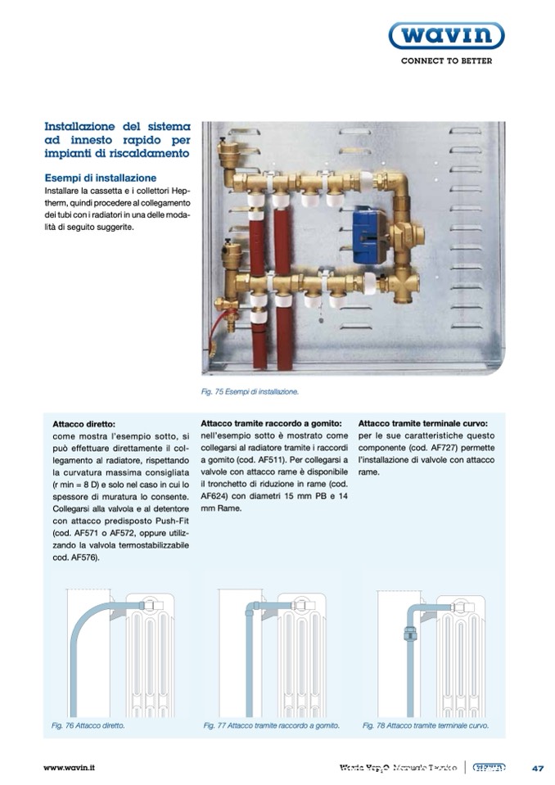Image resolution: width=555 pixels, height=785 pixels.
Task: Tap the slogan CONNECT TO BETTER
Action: [x=445, y=62]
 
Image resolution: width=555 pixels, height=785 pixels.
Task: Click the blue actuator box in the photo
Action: [x=371, y=236]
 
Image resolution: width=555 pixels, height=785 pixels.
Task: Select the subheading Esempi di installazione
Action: [x=100, y=178]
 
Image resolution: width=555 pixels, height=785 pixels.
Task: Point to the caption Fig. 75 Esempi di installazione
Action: [x=250, y=392]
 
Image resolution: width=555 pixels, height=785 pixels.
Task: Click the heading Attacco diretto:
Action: [x=84, y=424]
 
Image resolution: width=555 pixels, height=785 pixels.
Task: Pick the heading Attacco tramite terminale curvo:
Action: [x=423, y=424]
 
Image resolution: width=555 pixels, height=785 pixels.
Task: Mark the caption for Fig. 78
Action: [x=425, y=725]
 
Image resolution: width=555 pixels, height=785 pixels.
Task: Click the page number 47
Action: [x=537, y=768]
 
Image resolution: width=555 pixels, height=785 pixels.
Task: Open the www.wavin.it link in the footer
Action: [x=70, y=768]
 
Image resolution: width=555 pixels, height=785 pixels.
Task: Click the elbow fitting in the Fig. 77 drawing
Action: [x=250, y=609]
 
